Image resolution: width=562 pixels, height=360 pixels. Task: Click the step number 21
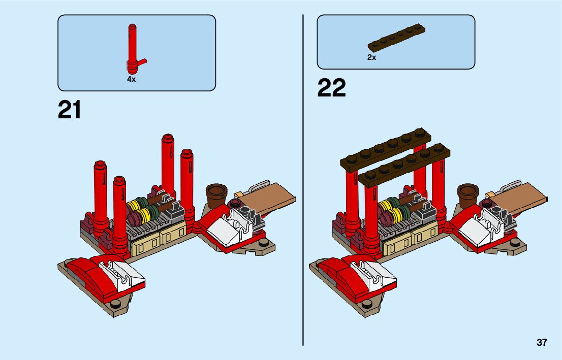pyautogui.click(x=70, y=110)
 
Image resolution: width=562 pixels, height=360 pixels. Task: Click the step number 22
pyautogui.click(x=331, y=88)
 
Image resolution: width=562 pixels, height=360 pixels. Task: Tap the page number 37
pyautogui.click(x=542, y=342)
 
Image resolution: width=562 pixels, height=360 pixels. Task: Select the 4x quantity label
pyautogui.click(x=131, y=80)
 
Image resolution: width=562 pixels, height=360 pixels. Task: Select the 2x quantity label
pyautogui.click(x=371, y=57)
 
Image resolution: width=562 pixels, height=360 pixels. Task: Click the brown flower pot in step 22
pyautogui.click(x=467, y=195)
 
